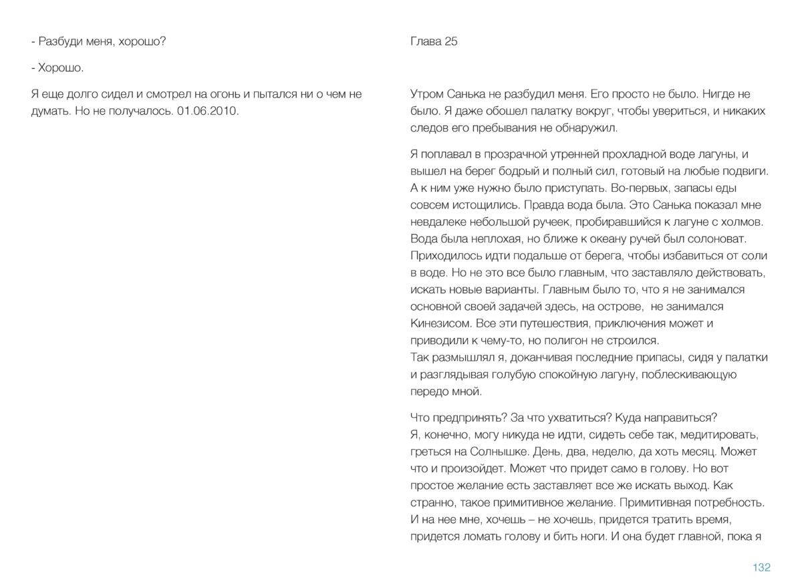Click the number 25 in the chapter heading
pyautogui.click(x=450, y=41)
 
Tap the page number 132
pyautogui.click(x=761, y=567)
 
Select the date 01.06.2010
pyautogui.click(x=208, y=110)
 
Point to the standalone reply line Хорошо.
pyautogui.click(x=60, y=67)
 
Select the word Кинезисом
pyautogui.click(x=441, y=323)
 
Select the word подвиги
pyautogui.click(x=747, y=171)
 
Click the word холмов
pyautogui.click(x=745, y=222)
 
